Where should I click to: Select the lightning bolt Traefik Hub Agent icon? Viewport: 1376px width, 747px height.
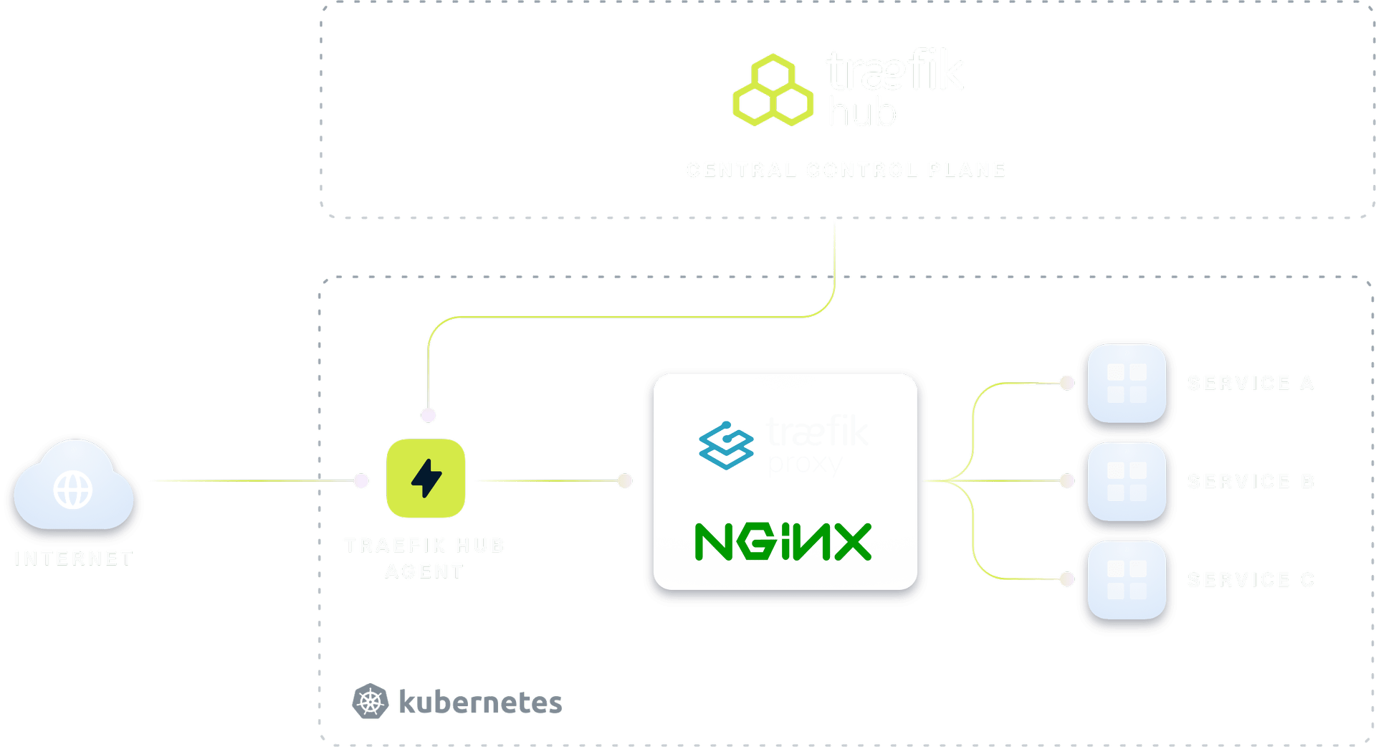tap(426, 478)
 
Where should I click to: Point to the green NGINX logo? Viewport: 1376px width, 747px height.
tap(783, 542)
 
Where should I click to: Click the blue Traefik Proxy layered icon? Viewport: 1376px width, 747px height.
tap(726, 445)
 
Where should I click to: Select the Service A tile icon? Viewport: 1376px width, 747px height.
tap(1127, 383)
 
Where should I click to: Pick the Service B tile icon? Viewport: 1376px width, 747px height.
tap(1127, 481)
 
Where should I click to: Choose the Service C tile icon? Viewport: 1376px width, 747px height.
tap(1127, 579)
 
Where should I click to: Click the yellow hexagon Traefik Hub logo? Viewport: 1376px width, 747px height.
tap(773, 90)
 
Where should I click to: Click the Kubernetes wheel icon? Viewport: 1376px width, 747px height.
tap(371, 701)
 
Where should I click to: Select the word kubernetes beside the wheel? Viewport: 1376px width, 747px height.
tap(480, 703)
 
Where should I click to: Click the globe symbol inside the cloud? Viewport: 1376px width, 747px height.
tap(73, 490)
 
